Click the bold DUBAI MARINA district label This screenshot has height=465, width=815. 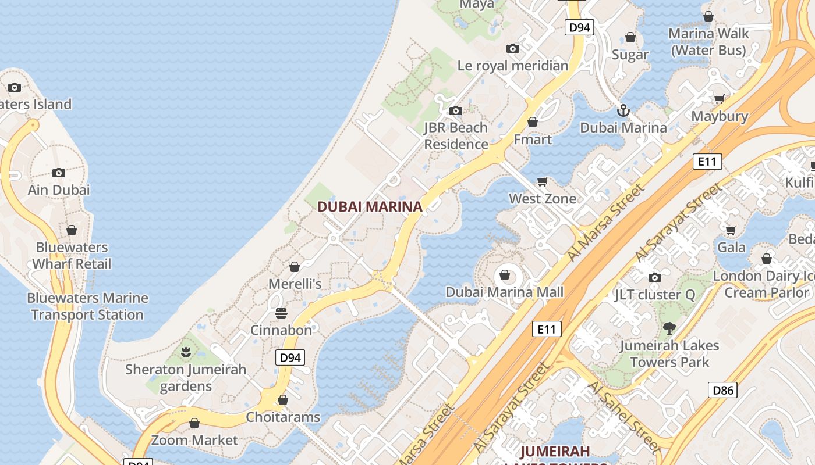pyautogui.click(x=370, y=206)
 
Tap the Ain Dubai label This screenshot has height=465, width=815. pyautogui.click(x=59, y=189)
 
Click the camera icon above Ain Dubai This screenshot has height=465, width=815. pyautogui.click(x=59, y=173)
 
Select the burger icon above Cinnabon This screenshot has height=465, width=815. pyautogui.click(x=281, y=313)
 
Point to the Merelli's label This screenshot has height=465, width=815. pyautogui.click(x=295, y=284)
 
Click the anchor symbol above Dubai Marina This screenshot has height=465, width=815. pyautogui.click(x=623, y=110)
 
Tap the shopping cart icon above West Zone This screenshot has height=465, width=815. pyautogui.click(x=543, y=182)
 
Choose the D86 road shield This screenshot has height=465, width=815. pyautogui.click(x=722, y=390)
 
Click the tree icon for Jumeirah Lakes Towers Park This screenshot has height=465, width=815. pyautogui.click(x=669, y=328)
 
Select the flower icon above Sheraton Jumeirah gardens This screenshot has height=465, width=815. pyautogui.click(x=186, y=352)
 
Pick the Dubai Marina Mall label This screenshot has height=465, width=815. pyautogui.click(x=505, y=292)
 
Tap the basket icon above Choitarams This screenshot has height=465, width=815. pyautogui.click(x=283, y=400)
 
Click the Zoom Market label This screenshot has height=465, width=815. pyautogui.click(x=194, y=440)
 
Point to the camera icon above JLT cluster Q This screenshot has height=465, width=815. pyautogui.click(x=655, y=277)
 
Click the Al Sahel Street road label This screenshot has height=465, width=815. pyautogui.click(x=624, y=416)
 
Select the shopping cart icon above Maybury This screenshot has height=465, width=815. pyautogui.click(x=720, y=99)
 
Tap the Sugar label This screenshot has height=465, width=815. pyautogui.click(x=630, y=55)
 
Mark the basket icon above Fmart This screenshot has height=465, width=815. pyautogui.click(x=533, y=122)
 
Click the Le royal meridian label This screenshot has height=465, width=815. pyautogui.click(x=513, y=66)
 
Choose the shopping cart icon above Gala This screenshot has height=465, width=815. pyautogui.click(x=731, y=230)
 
